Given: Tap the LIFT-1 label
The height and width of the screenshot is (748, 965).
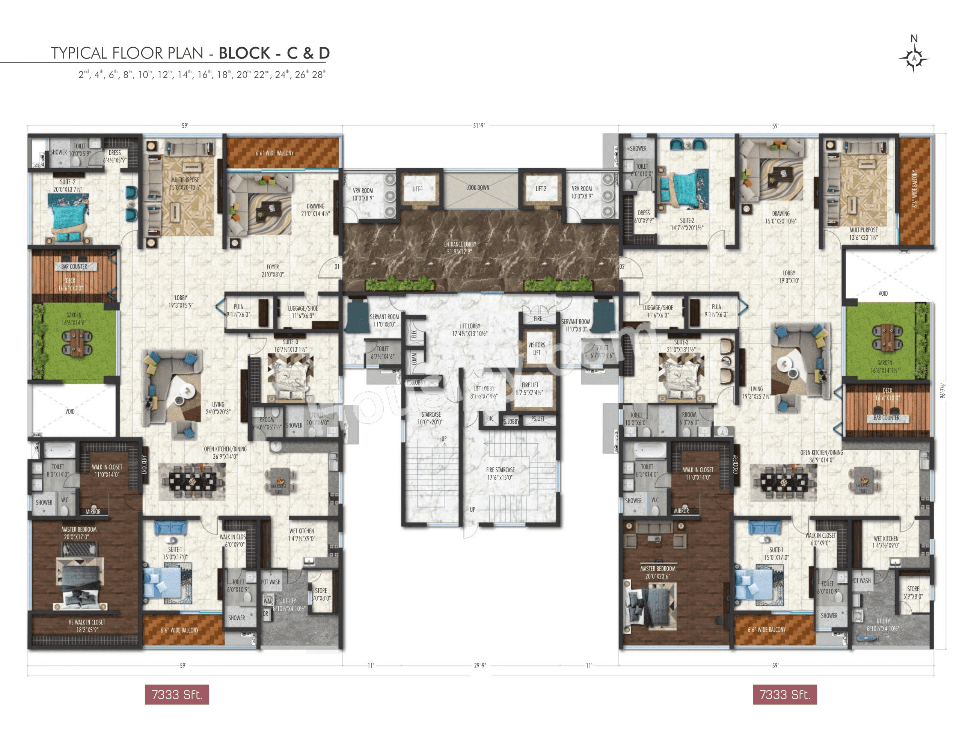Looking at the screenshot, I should pos(418,189).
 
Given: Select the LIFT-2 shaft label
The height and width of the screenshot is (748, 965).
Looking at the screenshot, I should pos(541,189).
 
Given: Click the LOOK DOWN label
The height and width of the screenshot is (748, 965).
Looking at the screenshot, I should pos(478,187).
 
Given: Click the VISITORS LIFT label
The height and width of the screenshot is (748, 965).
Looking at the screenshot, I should pos(537,348).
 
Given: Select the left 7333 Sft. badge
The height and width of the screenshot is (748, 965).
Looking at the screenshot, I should pos(177,695).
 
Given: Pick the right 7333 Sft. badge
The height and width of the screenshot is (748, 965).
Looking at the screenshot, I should pos(785,695).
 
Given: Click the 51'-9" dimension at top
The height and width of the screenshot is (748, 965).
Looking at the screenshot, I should pos(479,125).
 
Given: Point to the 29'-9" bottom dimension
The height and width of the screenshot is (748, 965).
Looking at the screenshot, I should pos(480,665).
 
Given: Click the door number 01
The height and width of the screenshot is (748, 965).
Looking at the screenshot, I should pos(337,267).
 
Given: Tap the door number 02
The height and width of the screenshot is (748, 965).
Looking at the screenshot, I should pos(622,267).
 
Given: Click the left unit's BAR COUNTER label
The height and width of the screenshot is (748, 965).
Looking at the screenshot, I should pos(74,267).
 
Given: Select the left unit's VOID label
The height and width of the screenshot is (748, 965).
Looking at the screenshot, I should pos(70,411).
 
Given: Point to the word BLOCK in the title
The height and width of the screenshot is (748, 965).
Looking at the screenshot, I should pos(244,53).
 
